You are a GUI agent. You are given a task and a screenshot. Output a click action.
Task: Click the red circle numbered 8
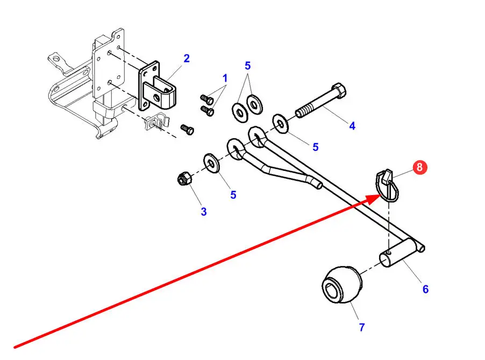420,167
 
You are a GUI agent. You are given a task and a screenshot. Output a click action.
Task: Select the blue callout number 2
186,58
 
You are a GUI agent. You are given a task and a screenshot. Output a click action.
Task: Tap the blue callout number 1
225,78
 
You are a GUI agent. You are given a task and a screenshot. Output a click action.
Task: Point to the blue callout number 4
352,126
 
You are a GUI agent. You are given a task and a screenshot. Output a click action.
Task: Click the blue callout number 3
204,212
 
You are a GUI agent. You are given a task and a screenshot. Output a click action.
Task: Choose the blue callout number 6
425,289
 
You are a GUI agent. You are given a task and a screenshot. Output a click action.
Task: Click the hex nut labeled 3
183,179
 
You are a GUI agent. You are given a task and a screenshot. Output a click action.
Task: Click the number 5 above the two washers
247,66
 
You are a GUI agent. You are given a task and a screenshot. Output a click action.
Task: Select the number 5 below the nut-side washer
233,195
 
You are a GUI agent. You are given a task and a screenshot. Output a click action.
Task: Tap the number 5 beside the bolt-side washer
316,147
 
